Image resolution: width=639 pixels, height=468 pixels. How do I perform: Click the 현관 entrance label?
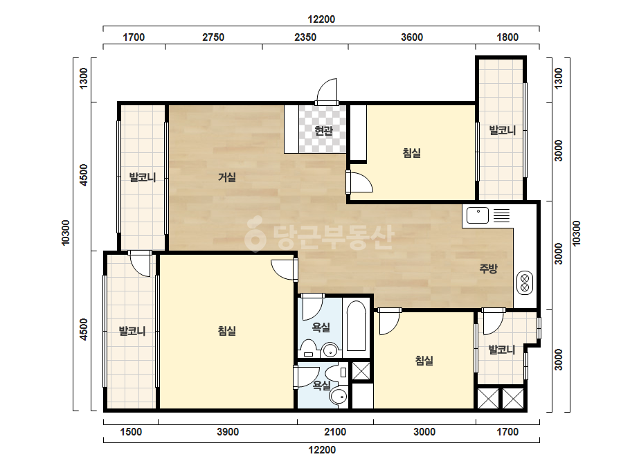323,130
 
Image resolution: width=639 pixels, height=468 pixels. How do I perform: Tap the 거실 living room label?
227,177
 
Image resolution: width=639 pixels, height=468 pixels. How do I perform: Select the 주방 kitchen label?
488,268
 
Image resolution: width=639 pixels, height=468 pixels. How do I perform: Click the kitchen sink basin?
477,215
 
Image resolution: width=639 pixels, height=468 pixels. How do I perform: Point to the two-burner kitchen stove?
525,283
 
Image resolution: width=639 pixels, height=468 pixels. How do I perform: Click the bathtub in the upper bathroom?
356,326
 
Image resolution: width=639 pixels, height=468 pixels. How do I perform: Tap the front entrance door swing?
327,91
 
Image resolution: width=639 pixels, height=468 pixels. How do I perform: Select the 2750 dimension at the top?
213,37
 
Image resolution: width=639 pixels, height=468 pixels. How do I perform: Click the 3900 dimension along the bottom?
227,432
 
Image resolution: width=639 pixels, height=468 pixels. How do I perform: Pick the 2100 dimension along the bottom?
335,432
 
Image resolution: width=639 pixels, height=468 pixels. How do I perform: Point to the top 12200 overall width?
321,19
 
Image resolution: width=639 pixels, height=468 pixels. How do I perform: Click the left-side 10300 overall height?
66,233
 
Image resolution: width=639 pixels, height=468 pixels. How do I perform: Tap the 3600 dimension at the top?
412,37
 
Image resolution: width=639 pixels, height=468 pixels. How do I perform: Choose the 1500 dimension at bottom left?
131,432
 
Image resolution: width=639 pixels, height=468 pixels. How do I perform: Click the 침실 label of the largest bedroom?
227,330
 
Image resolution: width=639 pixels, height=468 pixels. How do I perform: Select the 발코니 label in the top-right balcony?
503,130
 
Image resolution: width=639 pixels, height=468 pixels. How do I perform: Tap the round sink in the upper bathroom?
330,350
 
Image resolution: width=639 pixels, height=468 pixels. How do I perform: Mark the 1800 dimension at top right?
507,37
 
